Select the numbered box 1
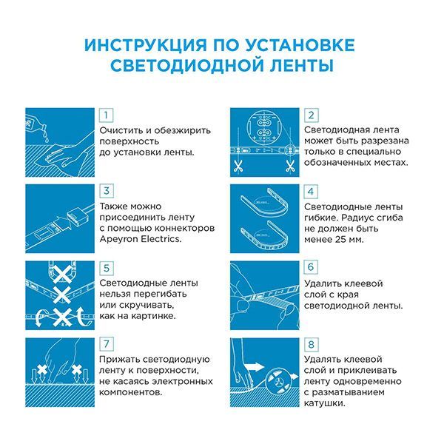click(107, 115)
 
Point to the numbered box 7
click(107, 344)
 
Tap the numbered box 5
click(107, 267)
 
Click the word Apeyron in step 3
click(121, 239)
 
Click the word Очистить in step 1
click(123, 130)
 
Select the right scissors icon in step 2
click(288, 166)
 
